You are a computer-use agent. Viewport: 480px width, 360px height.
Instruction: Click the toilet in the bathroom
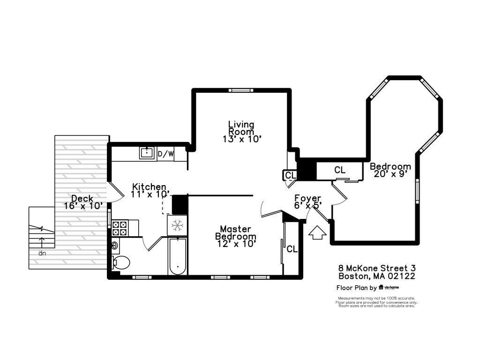[x=121, y=262]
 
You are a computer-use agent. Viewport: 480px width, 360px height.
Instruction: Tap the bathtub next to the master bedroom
[x=178, y=256]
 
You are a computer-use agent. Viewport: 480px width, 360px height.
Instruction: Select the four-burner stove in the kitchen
[x=120, y=228]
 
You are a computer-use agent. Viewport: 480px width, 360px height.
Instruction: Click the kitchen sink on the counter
[x=147, y=153]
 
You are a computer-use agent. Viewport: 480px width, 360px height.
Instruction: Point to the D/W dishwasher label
[x=165, y=154]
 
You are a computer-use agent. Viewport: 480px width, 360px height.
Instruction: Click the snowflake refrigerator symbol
[x=177, y=225]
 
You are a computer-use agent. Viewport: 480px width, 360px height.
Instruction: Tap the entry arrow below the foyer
[x=317, y=232]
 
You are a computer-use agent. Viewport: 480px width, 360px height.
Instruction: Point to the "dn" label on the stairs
[x=42, y=253]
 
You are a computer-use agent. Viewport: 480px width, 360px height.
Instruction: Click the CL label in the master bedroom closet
[x=292, y=249]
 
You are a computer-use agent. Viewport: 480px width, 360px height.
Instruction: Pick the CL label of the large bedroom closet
[x=340, y=170]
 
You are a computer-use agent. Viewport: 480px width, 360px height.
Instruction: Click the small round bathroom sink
[x=115, y=246]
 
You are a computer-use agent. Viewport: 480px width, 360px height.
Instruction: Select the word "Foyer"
[x=307, y=199]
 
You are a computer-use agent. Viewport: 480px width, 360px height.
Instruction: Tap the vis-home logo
[x=389, y=287]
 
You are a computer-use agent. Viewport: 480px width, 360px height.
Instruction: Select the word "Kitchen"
[x=149, y=187]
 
